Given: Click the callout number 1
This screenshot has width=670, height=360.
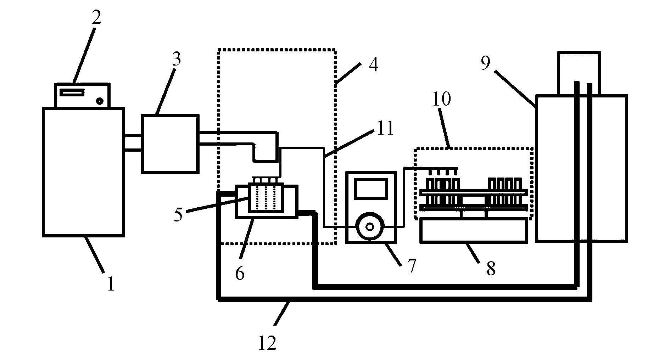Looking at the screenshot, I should [111, 284].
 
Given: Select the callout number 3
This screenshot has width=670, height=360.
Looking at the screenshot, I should [176, 59].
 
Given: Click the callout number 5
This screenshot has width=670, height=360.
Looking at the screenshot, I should [178, 214].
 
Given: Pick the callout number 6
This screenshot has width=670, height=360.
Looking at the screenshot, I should [240, 274].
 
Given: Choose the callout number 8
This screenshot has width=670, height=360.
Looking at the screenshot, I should [491, 268].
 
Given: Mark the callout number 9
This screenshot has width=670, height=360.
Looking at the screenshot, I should [485, 63].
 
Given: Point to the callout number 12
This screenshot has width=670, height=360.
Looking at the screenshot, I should [267, 343].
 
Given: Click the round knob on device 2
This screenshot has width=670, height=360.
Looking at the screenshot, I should [100, 101].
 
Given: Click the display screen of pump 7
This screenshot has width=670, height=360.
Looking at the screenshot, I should [371, 189].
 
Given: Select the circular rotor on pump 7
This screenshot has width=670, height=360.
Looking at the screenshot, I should [370, 227].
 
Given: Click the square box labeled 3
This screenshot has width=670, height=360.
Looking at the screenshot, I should [169, 144].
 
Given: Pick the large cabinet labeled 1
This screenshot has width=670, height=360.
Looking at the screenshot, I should [83, 172].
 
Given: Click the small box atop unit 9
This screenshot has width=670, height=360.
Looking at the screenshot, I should [579, 73].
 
